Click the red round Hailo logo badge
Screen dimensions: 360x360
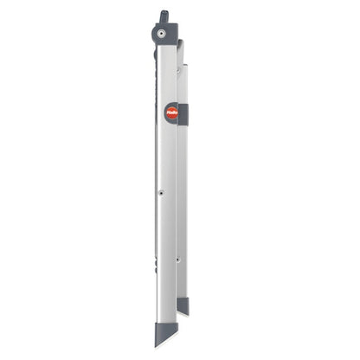pos(171,112)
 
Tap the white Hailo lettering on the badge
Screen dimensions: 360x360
pos(171,112)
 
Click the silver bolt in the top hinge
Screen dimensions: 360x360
pos(161,34)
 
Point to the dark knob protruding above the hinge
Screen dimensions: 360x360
pos(164,17)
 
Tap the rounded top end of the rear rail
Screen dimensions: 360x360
pos(181,43)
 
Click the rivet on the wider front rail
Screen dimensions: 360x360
pos(160,193)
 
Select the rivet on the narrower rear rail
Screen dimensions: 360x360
pos(179,259)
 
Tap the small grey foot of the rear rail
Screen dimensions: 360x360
pos(183,305)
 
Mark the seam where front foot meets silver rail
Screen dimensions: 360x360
pos(166,323)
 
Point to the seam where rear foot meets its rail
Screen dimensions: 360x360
pos(183,298)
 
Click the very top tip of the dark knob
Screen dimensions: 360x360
pos(164,11)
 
